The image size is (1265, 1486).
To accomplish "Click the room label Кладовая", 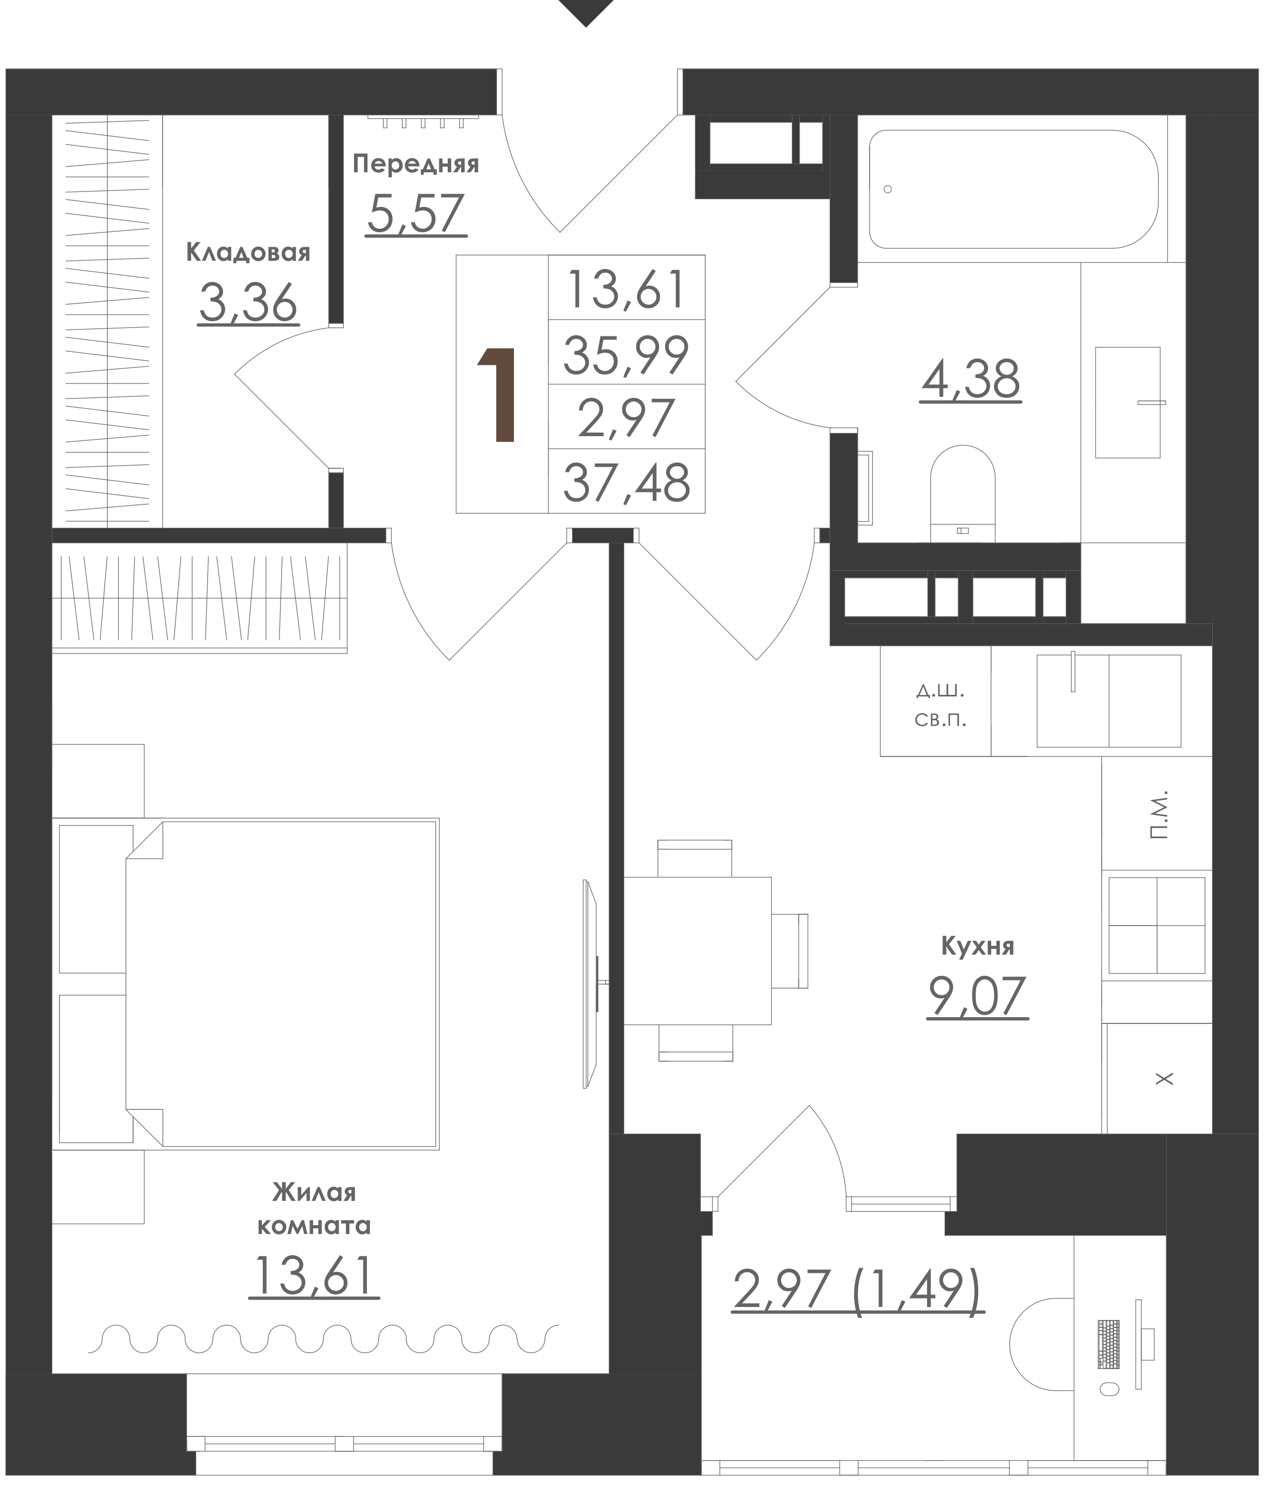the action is tap(248, 253).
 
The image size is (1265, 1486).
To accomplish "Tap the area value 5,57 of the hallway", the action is tap(416, 214).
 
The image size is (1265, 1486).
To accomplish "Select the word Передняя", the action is tap(416, 164).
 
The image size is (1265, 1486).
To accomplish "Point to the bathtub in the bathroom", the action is tap(1013, 189).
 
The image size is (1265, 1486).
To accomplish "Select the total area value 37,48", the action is tap(627, 482).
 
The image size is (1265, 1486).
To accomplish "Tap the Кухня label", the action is tap(977, 946).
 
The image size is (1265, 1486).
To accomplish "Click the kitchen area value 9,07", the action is tap(977, 995).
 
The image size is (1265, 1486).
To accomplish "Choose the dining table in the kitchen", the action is tap(698, 950).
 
